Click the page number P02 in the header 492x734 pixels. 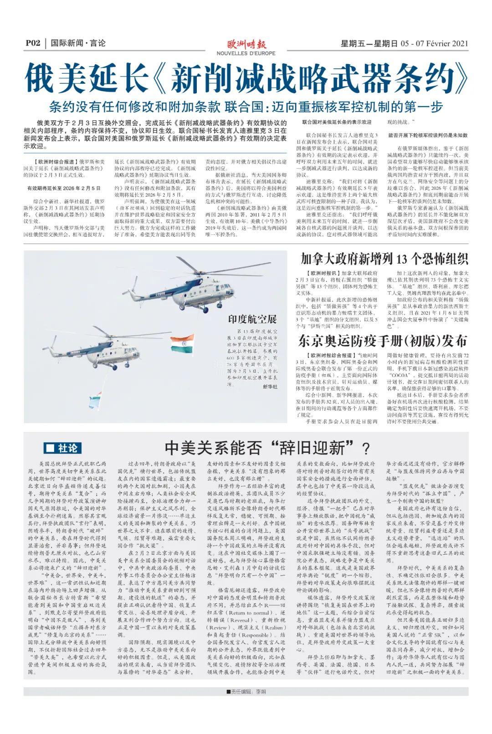coord(34,44)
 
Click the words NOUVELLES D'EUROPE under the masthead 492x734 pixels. coord(246,53)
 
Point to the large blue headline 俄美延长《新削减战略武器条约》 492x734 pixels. coord(246,79)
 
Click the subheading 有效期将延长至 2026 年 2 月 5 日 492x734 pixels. coord(63,188)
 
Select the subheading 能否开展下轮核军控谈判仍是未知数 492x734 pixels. coord(428,135)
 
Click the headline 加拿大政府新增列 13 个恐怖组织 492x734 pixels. coord(384,259)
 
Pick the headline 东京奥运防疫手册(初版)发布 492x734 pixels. coord(383,341)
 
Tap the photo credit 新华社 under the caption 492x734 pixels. coord(270,387)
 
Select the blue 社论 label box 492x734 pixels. coord(62,448)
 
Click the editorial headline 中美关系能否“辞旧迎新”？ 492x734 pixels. coord(268,448)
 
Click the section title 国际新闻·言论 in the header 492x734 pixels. coord(78,44)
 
